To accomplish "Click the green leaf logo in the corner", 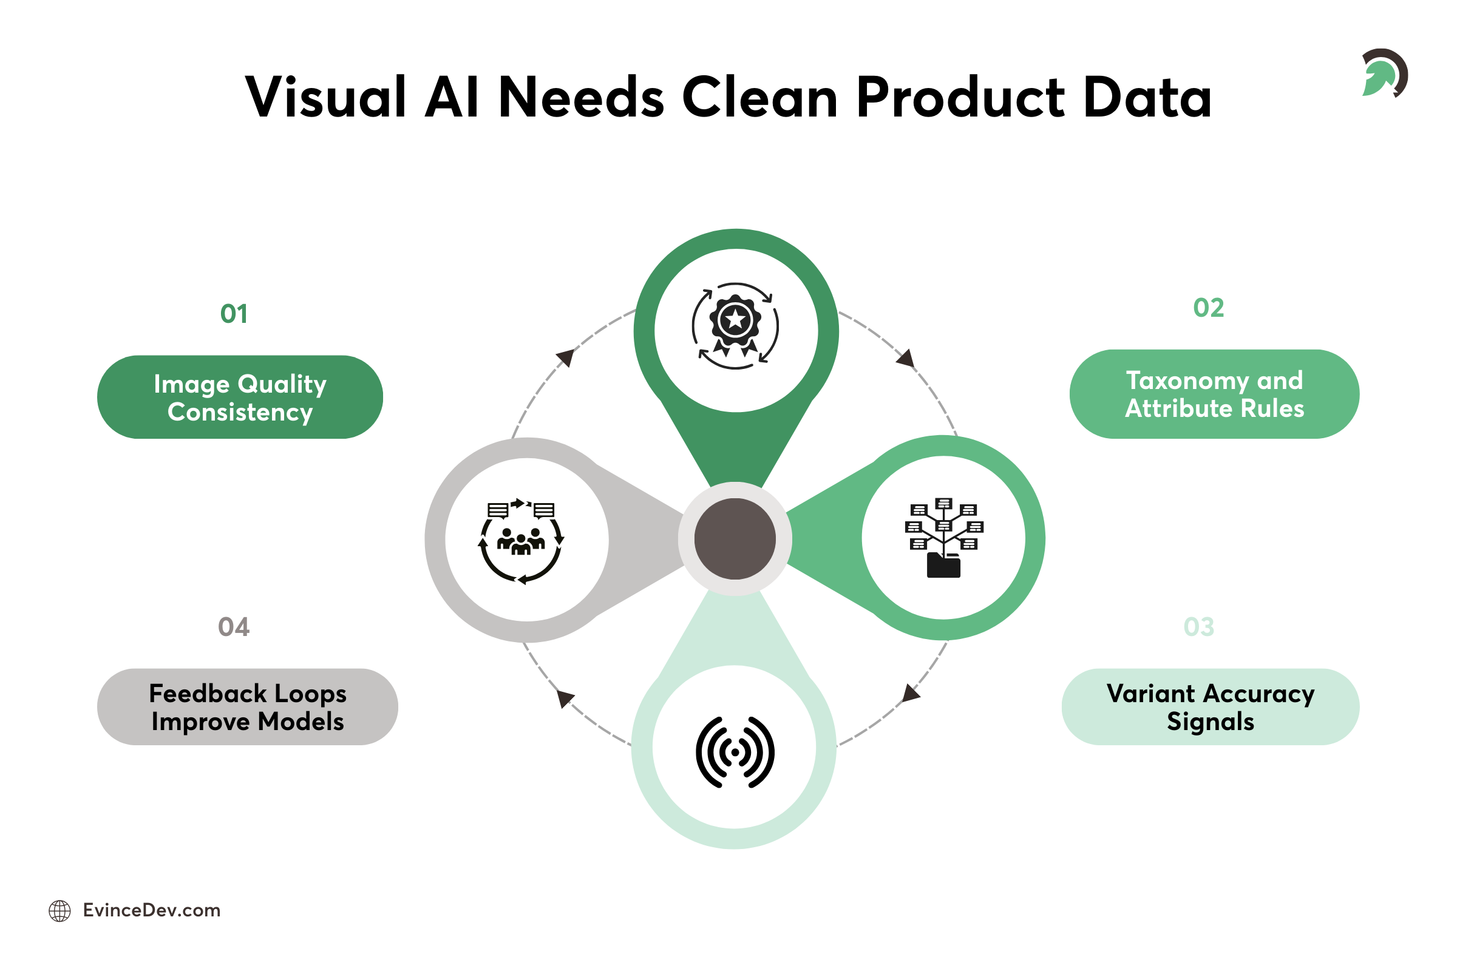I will pyautogui.click(x=1383, y=74).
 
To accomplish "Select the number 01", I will pyautogui.click(x=234, y=314).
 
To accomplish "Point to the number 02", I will pyautogui.click(x=1209, y=308).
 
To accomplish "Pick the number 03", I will pyautogui.click(x=1198, y=628).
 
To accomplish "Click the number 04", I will pyautogui.click(x=234, y=628).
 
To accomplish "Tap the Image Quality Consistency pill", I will pyautogui.click(x=240, y=398).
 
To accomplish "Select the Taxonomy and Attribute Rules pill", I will pyautogui.click(x=1214, y=394).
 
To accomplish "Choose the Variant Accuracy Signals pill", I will pyautogui.click(x=1210, y=707).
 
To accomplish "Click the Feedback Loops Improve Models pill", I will pyautogui.click(x=247, y=707).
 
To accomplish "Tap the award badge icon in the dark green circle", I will pyautogui.click(x=735, y=326).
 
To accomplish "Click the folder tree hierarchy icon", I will pyautogui.click(x=943, y=538).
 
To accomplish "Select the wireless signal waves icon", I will pyautogui.click(x=735, y=753).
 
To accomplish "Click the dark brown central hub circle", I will pyautogui.click(x=735, y=539).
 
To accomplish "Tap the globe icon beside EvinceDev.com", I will pyautogui.click(x=59, y=910).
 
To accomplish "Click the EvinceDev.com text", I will pyautogui.click(x=152, y=910).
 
